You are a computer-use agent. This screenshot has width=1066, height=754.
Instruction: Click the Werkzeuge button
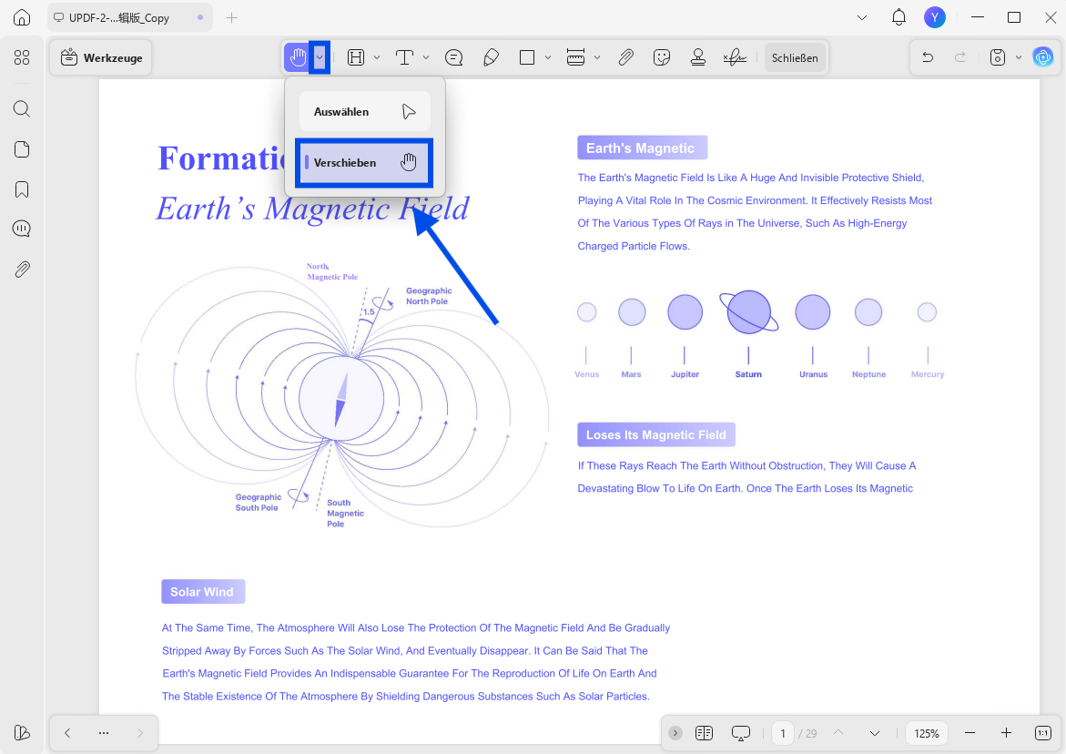pyautogui.click(x=101, y=57)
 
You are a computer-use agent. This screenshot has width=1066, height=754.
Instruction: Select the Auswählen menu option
pyautogui.click(x=365, y=111)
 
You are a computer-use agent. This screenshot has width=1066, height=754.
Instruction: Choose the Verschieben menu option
pyautogui.click(x=364, y=162)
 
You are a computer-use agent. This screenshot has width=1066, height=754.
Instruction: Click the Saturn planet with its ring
pyautogui.click(x=748, y=312)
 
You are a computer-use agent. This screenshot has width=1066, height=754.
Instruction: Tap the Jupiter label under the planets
pyautogui.click(x=685, y=374)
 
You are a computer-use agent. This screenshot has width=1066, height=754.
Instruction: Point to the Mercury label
pyautogui.click(x=928, y=374)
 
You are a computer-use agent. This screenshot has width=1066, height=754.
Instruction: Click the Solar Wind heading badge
pyautogui.click(x=203, y=592)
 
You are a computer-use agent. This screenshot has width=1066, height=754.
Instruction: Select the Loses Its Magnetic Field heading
pyautogui.click(x=656, y=435)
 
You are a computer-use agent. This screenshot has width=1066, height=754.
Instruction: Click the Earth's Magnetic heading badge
pyautogui.click(x=642, y=148)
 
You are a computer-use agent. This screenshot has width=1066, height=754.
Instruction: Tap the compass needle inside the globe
pyautogui.click(x=341, y=399)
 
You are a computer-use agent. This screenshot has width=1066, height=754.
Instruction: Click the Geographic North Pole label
pyautogui.click(x=429, y=296)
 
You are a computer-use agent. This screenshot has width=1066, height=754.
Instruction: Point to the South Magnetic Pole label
pyautogui.click(x=345, y=514)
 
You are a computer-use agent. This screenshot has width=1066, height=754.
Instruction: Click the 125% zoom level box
pyautogui.click(x=927, y=733)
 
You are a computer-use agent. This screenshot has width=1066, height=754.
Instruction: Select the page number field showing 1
pyautogui.click(x=783, y=733)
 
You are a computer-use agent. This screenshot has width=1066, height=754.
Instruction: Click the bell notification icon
pyautogui.click(x=898, y=17)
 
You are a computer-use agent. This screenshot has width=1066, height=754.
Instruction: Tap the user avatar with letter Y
pyautogui.click(x=935, y=17)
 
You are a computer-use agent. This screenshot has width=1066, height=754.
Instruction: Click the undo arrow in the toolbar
pyautogui.click(x=928, y=57)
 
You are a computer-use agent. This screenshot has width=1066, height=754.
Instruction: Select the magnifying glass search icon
pyautogui.click(x=22, y=108)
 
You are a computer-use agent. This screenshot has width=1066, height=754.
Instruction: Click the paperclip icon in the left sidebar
pyautogui.click(x=22, y=270)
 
